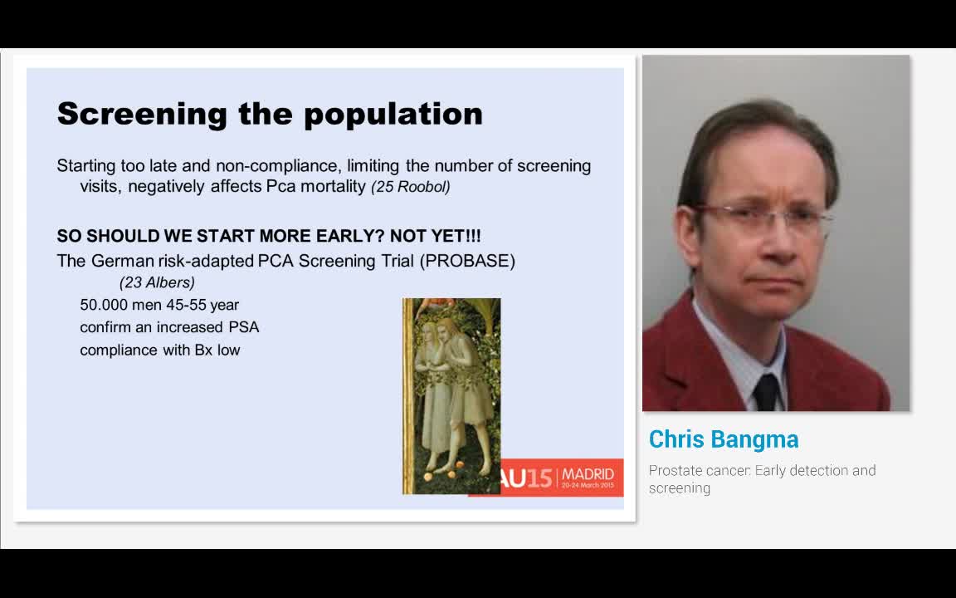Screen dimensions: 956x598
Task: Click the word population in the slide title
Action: click(x=393, y=114)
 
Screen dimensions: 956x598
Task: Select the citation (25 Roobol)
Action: click(x=411, y=187)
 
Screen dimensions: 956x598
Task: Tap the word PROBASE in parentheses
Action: click(x=468, y=261)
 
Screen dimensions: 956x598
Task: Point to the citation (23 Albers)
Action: click(x=158, y=283)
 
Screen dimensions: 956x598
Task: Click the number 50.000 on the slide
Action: click(x=105, y=305)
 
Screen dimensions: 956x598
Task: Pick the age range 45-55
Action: click(x=186, y=305)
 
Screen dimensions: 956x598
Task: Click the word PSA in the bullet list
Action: click(x=244, y=327)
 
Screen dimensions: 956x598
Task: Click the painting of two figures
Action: click(x=451, y=396)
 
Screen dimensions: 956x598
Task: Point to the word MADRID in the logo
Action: click(x=588, y=474)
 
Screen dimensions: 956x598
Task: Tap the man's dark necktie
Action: click(x=766, y=390)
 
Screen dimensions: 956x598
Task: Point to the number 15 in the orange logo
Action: click(x=539, y=478)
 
